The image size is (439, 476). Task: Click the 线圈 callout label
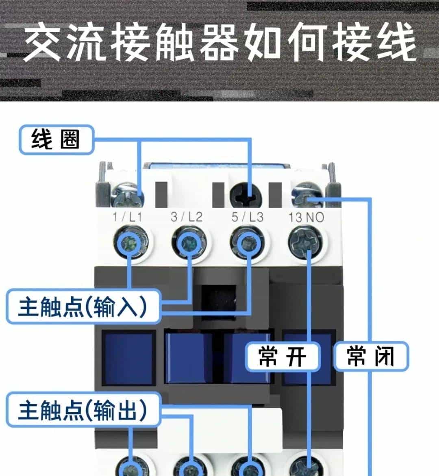click(56, 140)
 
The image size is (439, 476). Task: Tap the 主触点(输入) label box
click(83, 306)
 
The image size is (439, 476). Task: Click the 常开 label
click(283, 356)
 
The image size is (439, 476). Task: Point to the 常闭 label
click(371, 356)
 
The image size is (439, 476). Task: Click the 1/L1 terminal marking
click(128, 217)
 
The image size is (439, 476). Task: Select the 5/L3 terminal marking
click(247, 217)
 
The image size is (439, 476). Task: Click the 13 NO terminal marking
click(306, 217)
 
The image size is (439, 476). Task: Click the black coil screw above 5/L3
click(246, 197)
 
